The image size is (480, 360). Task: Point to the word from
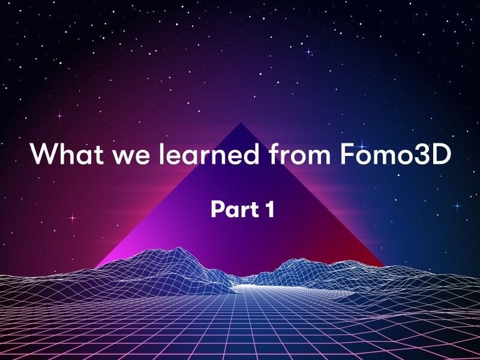pos(296,155)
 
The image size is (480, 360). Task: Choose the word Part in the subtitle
pos(231,210)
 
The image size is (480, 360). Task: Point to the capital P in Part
pos(217,210)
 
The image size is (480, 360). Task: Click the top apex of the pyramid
pos(241,124)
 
